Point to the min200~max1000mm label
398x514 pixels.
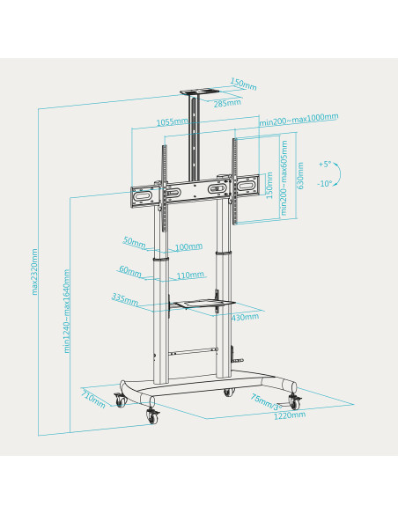[299, 118]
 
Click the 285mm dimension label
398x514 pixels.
[227, 104]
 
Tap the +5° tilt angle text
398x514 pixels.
[325, 165]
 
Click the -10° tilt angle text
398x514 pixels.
[325, 184]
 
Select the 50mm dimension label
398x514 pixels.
[133, 240]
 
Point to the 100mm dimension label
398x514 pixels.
[188, 247]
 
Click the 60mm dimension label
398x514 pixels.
[129, 270]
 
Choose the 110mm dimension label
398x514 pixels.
[189, 275]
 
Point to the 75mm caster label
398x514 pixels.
[263, 401]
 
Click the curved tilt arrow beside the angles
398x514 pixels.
[345, 174]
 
